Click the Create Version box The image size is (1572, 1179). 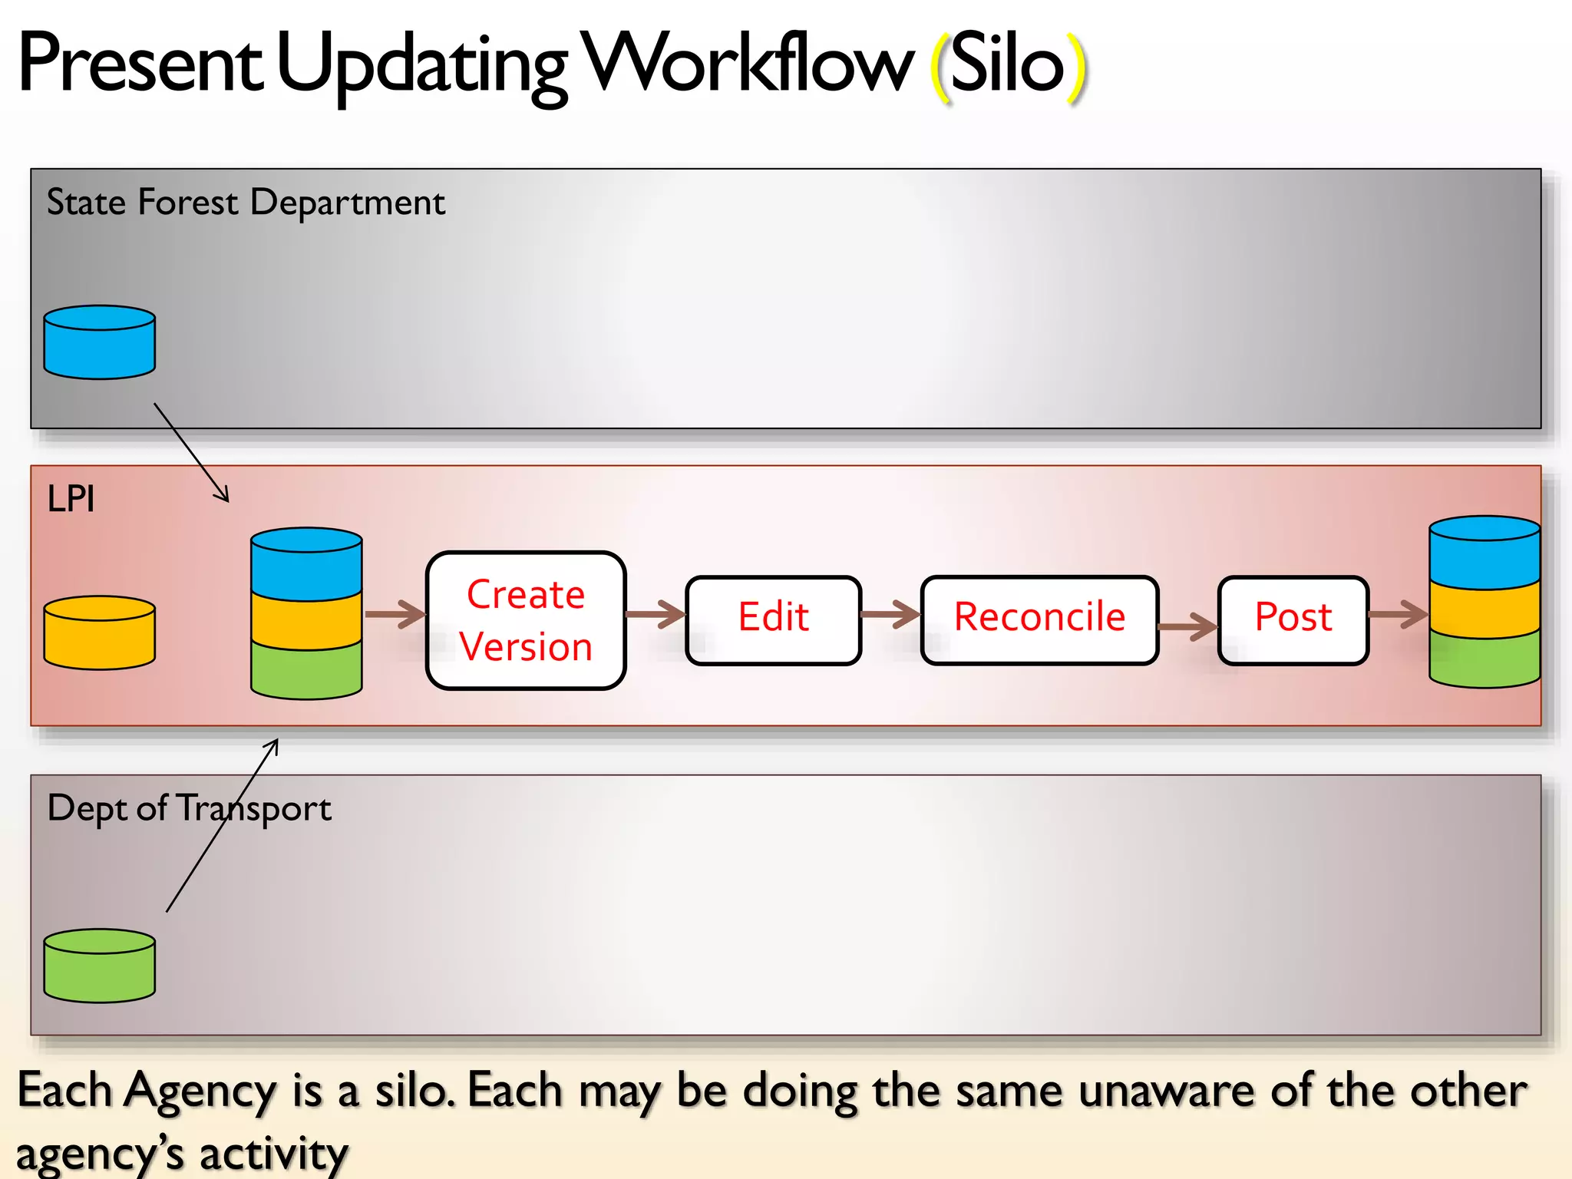coord(526,620)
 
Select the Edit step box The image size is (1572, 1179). coord(774,620)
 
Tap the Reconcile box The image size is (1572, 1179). coord(1039,620)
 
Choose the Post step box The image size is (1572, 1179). coord(1293,620)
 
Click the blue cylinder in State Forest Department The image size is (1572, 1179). coord(100,343)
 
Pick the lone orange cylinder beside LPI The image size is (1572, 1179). coord(100,633)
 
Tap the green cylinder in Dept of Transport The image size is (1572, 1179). coord(100,966)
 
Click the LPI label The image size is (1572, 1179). coord(71,499)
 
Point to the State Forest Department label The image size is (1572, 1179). coord(246,203)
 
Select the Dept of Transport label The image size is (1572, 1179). coord(189,808)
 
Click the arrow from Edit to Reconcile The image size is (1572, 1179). coord(891,614)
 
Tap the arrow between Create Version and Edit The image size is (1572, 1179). coord(656,614)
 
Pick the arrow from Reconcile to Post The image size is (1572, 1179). coord(1188,626)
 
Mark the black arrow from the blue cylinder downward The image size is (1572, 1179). coord(192,453)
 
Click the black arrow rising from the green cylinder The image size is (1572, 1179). coord(223,825)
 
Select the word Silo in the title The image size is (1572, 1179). coord(1007,64)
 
